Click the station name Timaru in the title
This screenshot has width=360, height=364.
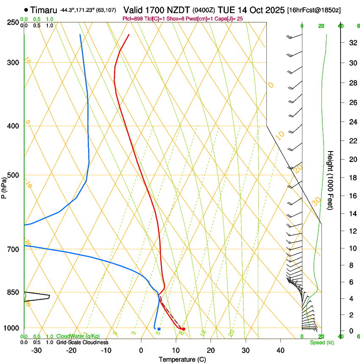pyautogui.click(x=44, y=9)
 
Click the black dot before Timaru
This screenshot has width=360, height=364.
pyautogui.click(x=26, y=9)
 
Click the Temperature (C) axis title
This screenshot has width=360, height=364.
pyautogui.click(x=182, y=360)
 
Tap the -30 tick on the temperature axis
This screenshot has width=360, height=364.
pyautogui.click(x=36, y=350)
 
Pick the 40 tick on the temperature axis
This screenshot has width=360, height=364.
pyautogui.click(x=280, y=350)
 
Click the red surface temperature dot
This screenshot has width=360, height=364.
pyautogui.click(x=183, y=329)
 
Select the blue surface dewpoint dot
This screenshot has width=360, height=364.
pyautogui.click(x=159, y=329)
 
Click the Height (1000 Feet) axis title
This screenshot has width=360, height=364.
pyautogui.click(x=330, y=180)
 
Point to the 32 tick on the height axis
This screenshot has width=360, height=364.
pyautogui.click(x=352, y=42)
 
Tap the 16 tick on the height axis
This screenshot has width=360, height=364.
pyautogui.click(x=352, y=196)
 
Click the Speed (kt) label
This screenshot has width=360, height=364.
pyautogui.click(x=322, y=342)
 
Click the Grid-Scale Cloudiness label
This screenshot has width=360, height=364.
pyautogui.click(x=82, y=342)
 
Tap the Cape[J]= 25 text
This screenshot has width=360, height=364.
pyautogui.click(x=229, y=19)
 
